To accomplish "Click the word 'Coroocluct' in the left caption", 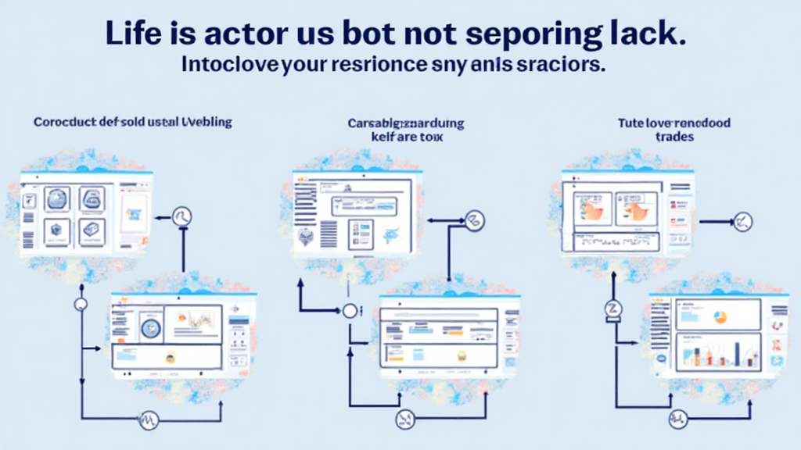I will coord(65,123).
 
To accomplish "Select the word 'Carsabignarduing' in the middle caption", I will coord(406,123).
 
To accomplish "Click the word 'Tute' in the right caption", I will coord(629,123).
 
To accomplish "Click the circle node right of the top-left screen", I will coord(182,216).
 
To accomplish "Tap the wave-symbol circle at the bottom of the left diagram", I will coord(149,420).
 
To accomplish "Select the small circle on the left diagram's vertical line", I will coord(81,305).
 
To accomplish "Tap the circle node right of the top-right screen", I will coord(743,222).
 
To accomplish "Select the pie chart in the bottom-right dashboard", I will coord(720,316).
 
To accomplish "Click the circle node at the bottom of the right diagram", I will coord(677,420).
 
